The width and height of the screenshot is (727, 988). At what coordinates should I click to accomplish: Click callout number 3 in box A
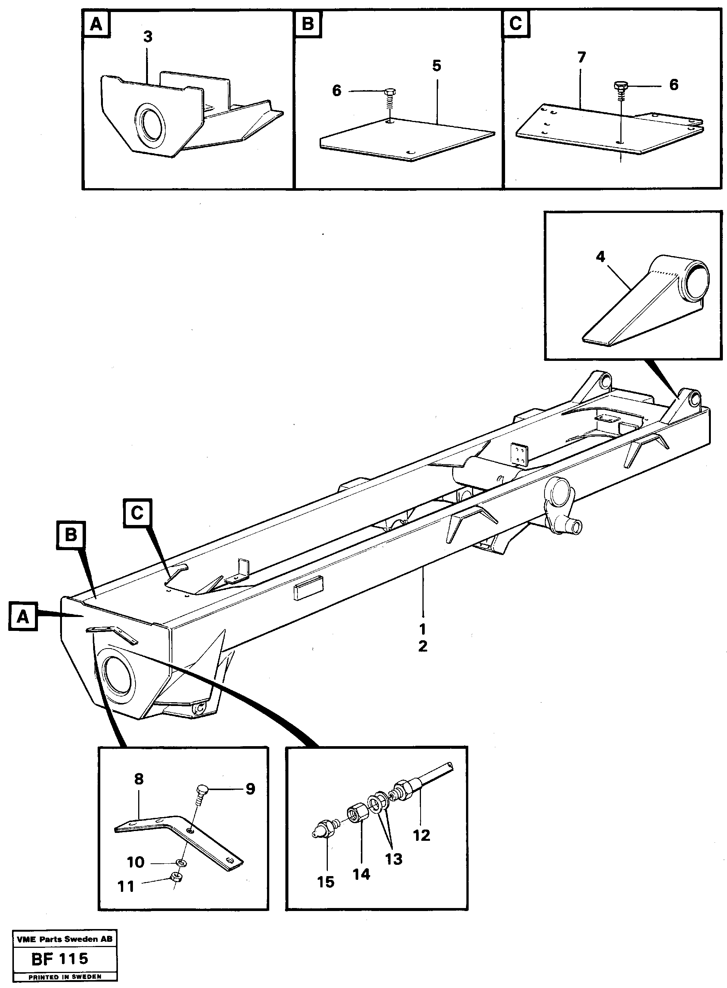(148, 37)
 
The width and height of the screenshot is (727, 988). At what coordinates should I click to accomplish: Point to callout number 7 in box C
(581, 58)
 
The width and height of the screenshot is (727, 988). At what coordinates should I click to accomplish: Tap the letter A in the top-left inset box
(96, 24)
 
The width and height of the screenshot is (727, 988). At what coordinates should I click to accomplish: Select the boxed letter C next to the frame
(137, 513)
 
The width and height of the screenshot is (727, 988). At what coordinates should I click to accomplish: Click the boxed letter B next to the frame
(71, 535)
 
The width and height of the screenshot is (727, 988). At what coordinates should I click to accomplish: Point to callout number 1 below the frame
(422, 629)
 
